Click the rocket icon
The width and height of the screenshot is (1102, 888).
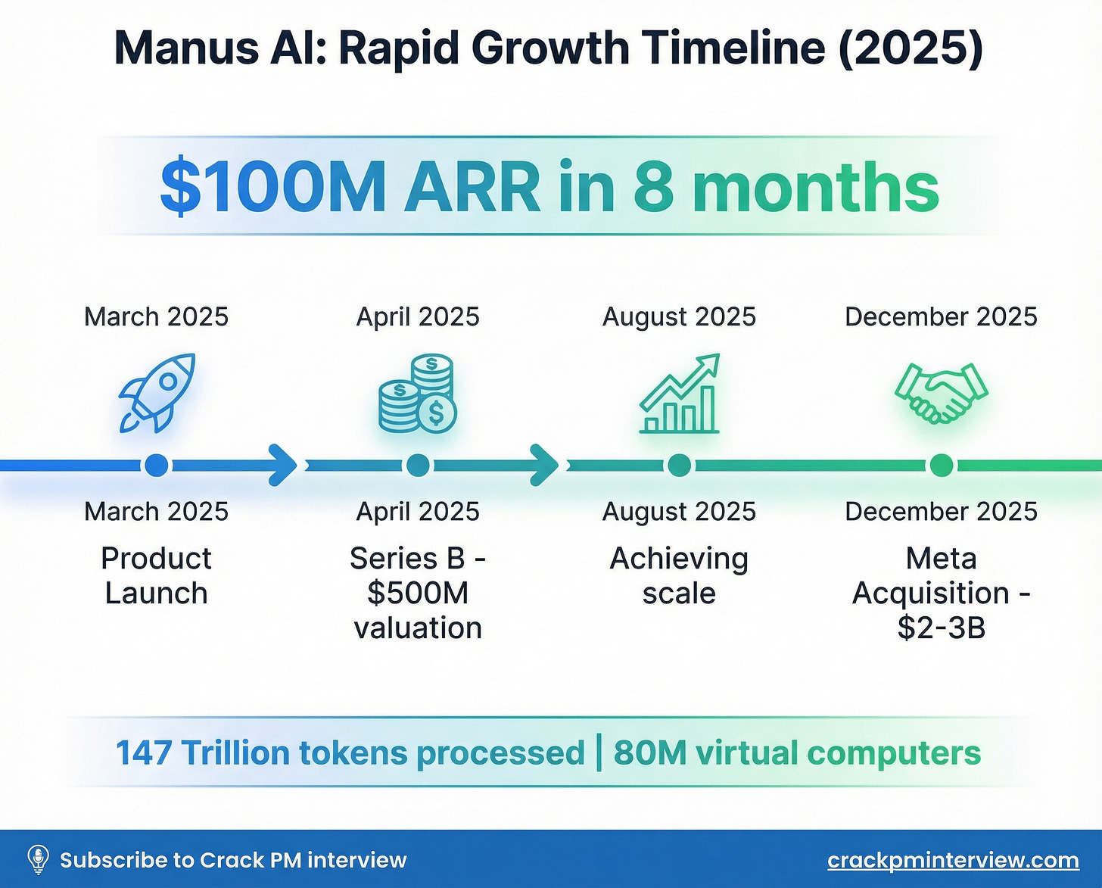click(157, 393)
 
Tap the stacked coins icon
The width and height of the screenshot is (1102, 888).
click(418, 394)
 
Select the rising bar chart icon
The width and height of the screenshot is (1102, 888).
click(680, 394)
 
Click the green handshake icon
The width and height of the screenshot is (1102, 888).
click(941, 393)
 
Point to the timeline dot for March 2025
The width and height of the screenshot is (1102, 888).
click(157, 465)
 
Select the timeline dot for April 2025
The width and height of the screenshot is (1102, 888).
click(418, 465)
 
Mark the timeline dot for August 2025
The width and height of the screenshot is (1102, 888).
click(680, 465)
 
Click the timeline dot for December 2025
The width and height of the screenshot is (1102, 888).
click(941, 465)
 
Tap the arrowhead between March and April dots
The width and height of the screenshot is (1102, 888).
click(284, 465)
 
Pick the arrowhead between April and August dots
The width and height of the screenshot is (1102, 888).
click(544, 465)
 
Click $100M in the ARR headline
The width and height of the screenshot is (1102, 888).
click(273, 188)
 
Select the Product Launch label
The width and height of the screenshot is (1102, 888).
click(157, 575)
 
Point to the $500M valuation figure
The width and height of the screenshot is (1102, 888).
click(418, 594)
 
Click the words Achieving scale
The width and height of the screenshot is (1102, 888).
click(680, 575)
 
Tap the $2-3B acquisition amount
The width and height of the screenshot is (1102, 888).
click(941, 628)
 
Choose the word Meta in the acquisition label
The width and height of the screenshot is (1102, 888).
click(941, 559)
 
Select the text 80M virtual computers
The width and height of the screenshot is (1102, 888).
click(797, 753)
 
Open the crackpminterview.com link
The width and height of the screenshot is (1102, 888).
click(953, 860)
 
